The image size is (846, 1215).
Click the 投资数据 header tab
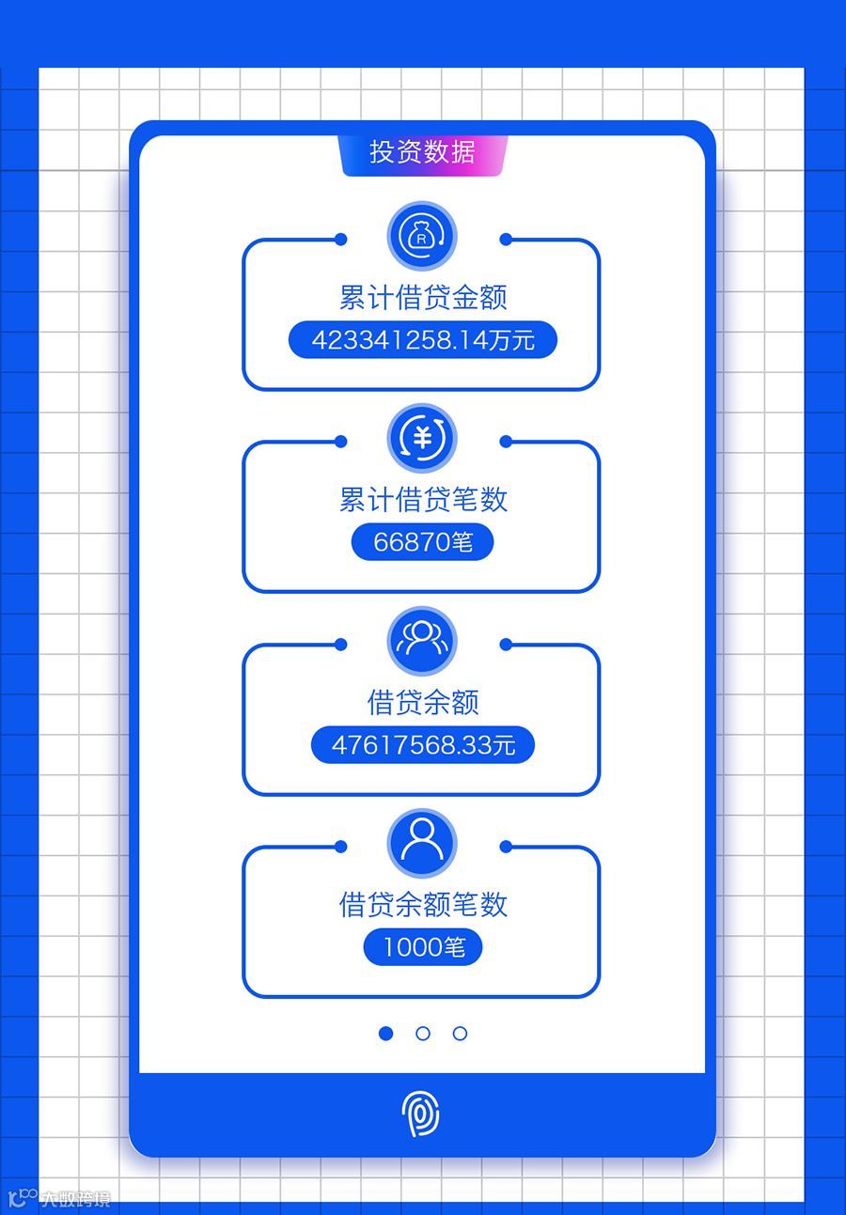point(423,152)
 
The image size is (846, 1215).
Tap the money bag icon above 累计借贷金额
point(422,236)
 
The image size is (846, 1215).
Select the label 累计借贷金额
point(423,298)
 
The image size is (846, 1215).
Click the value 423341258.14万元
point(423,339)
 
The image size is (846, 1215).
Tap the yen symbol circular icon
point(422,438)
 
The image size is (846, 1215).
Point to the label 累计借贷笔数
point(423,500)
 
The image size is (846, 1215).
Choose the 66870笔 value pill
point(423,542)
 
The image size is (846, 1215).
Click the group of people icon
point(422,640)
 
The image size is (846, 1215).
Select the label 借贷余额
point(423,702)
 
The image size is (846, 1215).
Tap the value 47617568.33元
point(423,745)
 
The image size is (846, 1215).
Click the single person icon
point(422,843)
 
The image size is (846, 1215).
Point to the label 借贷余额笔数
point(423,905)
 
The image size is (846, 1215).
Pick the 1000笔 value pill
point(423,947)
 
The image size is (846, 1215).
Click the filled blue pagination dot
point(385,1034)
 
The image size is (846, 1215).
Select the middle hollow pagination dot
point(423,1034)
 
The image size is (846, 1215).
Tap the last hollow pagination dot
point(460,1034)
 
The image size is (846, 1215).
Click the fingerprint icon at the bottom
point(421,1114)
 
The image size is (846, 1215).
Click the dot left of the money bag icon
point(340,240)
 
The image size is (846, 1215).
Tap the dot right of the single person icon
point(506,847)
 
